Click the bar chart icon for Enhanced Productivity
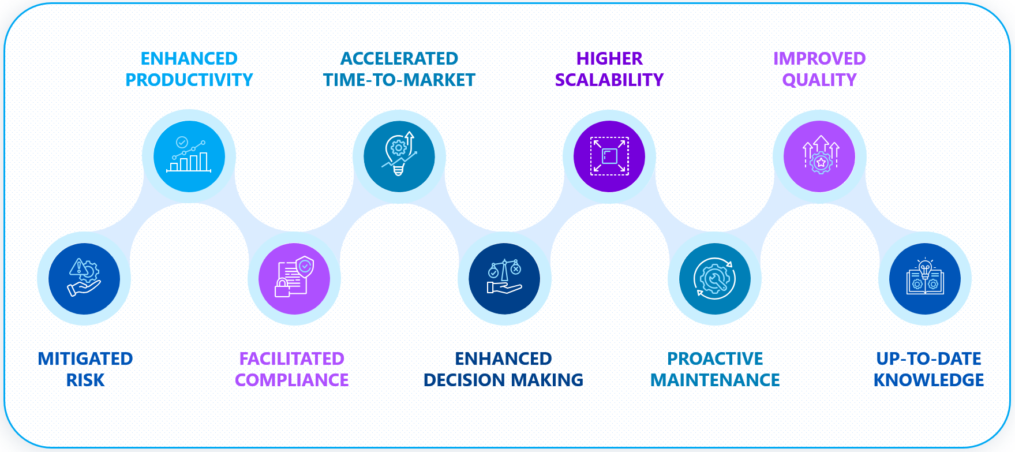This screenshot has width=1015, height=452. pos(189,156)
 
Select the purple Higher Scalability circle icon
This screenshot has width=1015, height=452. pos(609,156)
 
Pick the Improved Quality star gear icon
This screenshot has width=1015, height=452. pos(819,156)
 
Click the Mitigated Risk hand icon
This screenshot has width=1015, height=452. pos(84,279)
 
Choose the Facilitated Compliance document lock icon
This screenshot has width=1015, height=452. pos(294,279)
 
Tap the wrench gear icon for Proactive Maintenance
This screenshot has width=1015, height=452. pos(714,279)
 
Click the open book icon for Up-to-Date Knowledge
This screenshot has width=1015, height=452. pos(925,279)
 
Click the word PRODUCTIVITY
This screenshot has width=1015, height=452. pos(189,80)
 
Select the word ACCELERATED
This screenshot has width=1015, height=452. pos(399,59)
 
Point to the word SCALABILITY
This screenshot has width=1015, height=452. pos(609,80)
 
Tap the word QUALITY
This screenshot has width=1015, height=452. pos(819,80)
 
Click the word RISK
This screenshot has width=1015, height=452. pos(85,380)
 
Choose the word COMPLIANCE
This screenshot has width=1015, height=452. pos(292,380)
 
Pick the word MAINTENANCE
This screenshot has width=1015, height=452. pos(715,380)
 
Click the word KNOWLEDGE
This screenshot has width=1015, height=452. pos(928,380)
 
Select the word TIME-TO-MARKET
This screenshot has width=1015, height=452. pos(399,80)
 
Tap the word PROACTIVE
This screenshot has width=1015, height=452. pos(715,359)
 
